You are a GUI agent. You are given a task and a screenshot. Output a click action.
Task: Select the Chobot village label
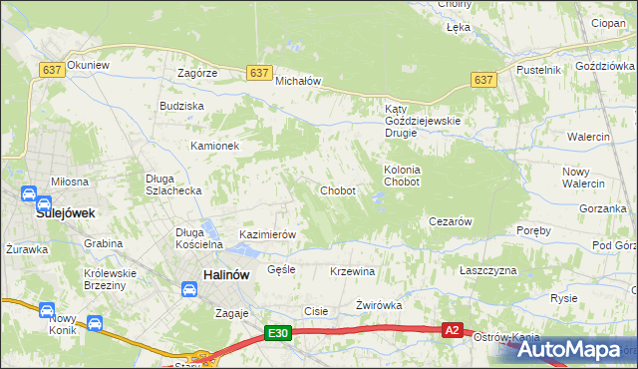(x=337, y=190)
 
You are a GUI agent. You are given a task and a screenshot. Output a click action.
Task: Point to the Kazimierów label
(x=268, y=234)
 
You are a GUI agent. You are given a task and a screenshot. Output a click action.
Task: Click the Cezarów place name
(x=450, y=221)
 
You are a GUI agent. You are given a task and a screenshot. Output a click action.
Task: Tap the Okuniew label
(x=88, y=65)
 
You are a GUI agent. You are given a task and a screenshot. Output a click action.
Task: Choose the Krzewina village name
(x=352, y=271)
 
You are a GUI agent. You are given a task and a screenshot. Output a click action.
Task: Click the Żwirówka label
(x=379, y=306)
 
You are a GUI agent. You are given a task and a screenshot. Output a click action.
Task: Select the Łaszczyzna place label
(x=488, y=270)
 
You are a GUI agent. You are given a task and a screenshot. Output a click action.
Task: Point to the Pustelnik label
(x=538, y=70)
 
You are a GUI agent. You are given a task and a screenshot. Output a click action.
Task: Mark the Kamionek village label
(x=215, y=146)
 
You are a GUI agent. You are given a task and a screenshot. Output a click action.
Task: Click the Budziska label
(x=181, y=105)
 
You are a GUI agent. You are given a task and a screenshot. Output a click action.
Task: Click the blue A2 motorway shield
(x=453, y=329)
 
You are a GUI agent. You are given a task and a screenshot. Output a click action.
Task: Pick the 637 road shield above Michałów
(x=259, y=72)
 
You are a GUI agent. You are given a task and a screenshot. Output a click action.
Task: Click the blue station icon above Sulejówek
(x=29, y=193)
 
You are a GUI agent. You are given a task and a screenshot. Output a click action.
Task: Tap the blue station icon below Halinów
(x=188, y=289)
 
